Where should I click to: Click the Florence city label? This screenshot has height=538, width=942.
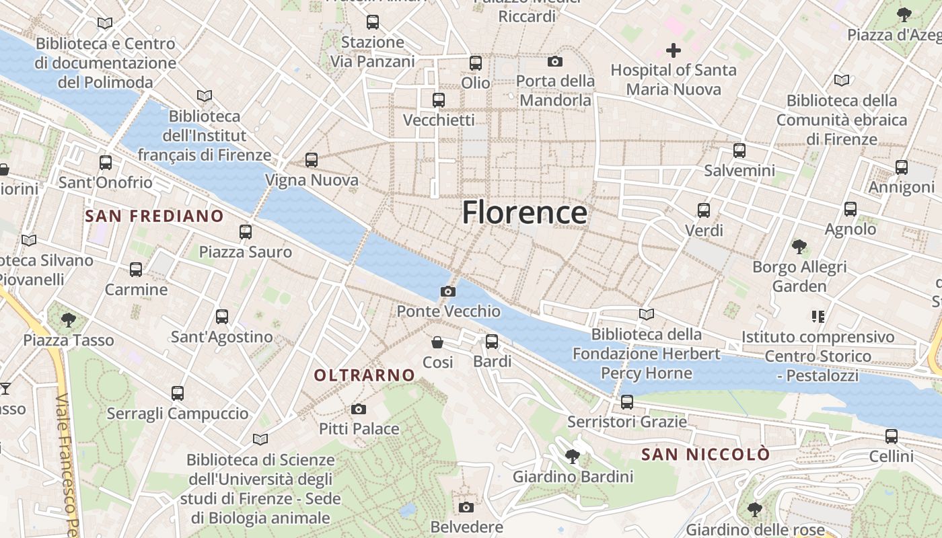[x=524, y=213]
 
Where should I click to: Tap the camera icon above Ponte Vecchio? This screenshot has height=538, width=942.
[x=447, y=291]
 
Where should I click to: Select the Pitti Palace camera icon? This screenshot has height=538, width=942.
[x=359, y=409]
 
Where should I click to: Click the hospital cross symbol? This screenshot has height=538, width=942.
[x=673, y=50]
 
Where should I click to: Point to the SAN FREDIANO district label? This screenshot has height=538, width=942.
[x=155, y=216]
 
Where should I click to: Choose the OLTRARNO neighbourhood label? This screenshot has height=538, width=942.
[x=365, y=375]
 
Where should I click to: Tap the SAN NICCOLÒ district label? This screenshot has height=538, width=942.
[x=705, y=455]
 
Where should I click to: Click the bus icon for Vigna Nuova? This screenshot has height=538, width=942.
[x=311, y=160]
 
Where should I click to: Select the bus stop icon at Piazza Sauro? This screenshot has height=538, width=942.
[x=246, y=232]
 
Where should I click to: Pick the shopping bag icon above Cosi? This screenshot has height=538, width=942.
[x=437, y=343]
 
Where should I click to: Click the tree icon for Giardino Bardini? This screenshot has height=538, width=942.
[x=573, y=457]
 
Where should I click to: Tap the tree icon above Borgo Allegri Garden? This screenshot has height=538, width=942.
[x=799, y=247]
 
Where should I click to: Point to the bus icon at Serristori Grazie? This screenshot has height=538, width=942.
[x=627, y=402]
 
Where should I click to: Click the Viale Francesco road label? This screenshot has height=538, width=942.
[x=66, y=464]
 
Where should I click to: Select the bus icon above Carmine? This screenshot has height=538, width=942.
[x=136, y=270]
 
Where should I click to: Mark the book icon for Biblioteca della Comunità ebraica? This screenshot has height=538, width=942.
[x=842, y=81]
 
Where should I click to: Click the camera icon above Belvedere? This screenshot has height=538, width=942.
[x=466, y=507]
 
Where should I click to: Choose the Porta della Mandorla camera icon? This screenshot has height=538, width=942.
[x=555, y=62]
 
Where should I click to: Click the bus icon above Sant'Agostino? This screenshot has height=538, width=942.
[x=222, y=317]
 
